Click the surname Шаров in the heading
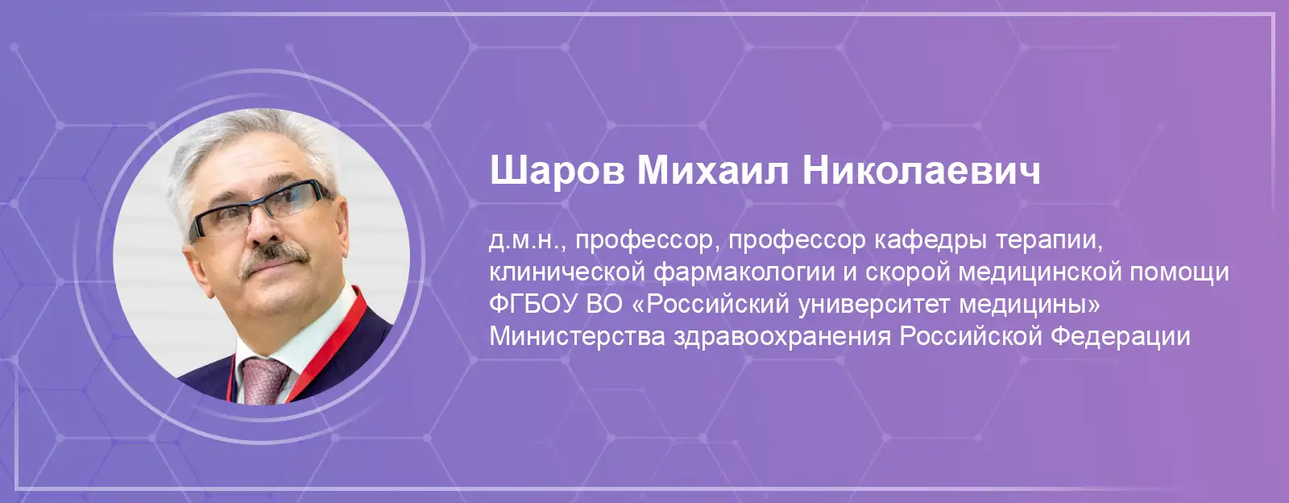(x=557, y=171)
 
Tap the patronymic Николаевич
(x=922, y=170)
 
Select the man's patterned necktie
(x=265, y=380)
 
